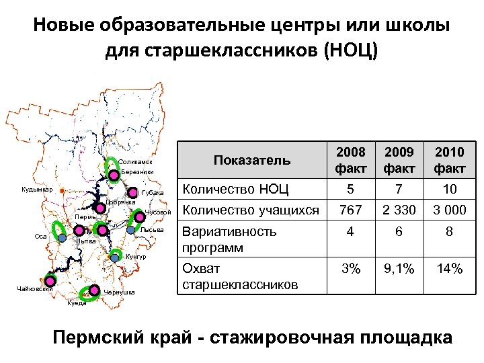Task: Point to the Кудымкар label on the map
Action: (38, 190)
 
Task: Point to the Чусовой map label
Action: (159, 213)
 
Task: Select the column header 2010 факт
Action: (449, 159)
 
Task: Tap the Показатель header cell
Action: (242, 160)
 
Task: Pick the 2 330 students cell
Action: (399, 210)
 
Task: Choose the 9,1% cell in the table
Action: (399, 270)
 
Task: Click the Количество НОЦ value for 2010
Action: (449, 189)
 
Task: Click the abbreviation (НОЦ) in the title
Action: (351, 50)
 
